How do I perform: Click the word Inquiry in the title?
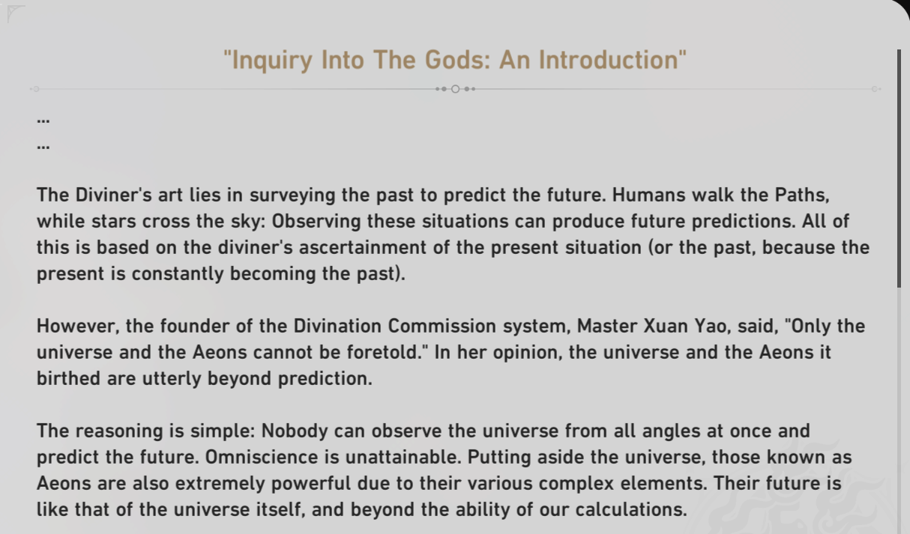[272, 61]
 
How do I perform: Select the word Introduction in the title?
[608, 60]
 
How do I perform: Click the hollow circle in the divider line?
[456, 89]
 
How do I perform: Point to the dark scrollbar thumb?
[899, 169]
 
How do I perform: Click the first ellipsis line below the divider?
[43, 120]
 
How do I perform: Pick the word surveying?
[292, 195]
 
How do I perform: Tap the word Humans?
[649, 195]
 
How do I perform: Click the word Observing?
[316, 222]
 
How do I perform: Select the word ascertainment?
[363, 247]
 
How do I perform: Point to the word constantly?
[178, 274]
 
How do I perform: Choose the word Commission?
[442, 327]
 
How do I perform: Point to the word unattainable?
[403, 458]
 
